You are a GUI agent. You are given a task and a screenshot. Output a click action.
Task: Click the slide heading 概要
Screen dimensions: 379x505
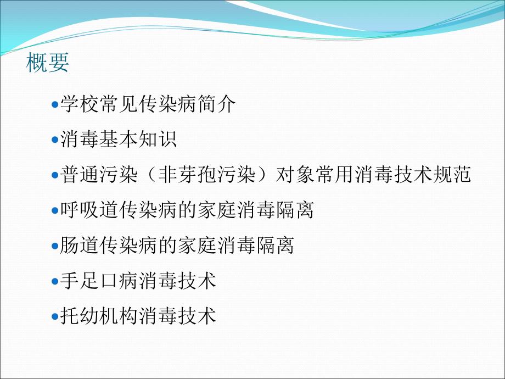click(x=48, y=63)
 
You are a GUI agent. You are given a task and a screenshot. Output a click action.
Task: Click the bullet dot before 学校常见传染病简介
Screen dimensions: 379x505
click(x=54, y=104)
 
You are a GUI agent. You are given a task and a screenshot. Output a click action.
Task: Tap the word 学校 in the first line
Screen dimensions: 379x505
click(x=80, y=104)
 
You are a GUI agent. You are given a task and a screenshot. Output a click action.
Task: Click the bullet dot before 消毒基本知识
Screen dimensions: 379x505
click(x=54, y=140)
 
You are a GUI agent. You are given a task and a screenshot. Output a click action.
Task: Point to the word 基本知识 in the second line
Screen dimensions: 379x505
click(x=138, y=140)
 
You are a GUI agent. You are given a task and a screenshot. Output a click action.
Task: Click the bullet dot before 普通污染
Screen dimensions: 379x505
click(x=54, y=176)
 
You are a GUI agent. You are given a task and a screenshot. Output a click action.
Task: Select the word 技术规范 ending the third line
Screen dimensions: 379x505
click(x=432, y=175)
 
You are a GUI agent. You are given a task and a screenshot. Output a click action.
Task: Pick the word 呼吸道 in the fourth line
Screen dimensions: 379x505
click(x=89, y=210)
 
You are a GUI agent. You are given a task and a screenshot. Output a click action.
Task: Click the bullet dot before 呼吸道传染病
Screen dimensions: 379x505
click(x=54, y=211)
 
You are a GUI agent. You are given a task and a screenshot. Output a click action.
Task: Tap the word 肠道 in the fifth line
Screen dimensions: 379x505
click(x=80, y=246)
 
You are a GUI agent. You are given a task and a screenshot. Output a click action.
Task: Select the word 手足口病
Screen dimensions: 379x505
click(x=99, y=281)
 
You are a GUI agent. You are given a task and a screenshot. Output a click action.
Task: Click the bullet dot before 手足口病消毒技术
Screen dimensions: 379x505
click(x=54, y=281)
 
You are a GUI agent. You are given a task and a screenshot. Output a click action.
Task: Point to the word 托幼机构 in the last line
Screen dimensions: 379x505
click(x=99, y=316)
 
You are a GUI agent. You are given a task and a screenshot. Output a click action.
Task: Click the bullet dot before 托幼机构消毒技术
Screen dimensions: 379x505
click(x=54, y=317)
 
